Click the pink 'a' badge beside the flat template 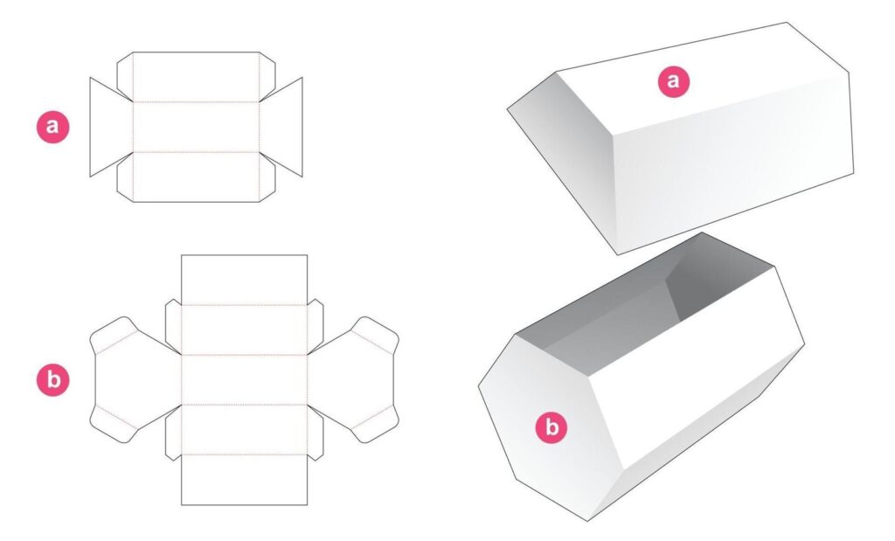[x=52, y=127]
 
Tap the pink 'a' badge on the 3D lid [x=673, y=82]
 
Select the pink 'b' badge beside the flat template [x=52, y=380]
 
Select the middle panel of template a [x=197, y=127]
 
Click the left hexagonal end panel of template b [x=131, y=379]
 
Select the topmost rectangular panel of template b [x=244, y=279]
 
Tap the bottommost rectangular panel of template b [x=244, y=480]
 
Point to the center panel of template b [x=244, y=379]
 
